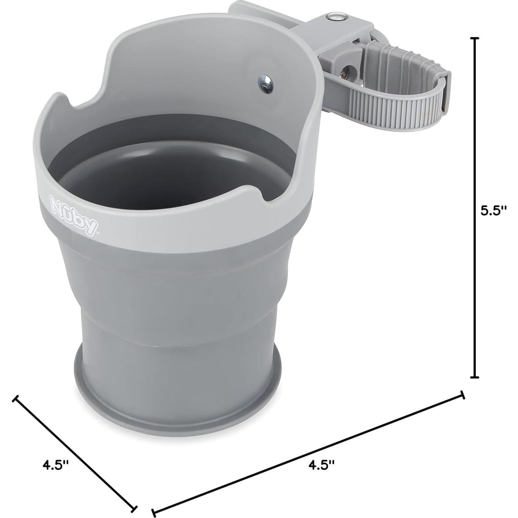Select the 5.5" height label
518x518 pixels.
pyautogui.click(x=493, y=211)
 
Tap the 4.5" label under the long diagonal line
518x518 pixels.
pyautogui.click(x=322, y=464)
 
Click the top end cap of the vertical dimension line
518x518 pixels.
pyautogui.click(x=474, y=38)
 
